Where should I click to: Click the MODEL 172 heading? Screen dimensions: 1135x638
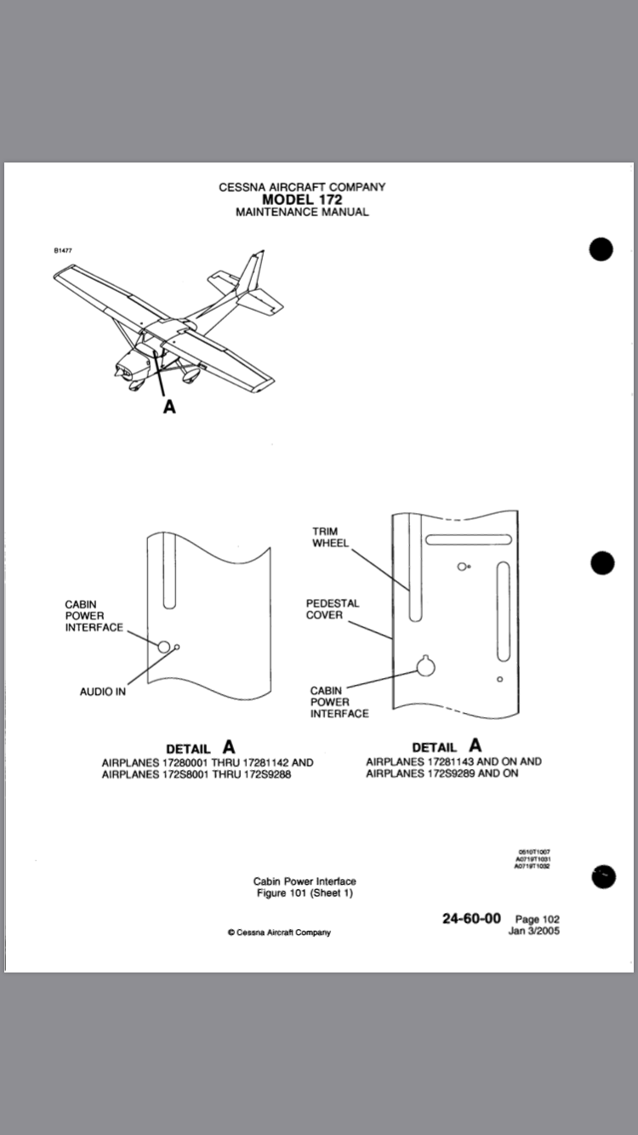302,200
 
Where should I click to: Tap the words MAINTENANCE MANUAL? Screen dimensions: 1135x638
302,212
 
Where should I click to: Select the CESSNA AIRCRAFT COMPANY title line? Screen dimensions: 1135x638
302,187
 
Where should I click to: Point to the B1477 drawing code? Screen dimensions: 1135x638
63,251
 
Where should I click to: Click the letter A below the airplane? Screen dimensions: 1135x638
169,407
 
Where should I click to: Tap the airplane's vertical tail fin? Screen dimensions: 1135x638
249,272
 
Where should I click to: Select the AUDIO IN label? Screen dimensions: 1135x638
103,692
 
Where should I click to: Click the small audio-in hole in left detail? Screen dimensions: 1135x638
178,647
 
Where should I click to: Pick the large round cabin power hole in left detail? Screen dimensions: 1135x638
164,647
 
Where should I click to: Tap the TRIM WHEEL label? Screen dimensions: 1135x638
331,538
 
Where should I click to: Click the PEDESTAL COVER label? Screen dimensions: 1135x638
333,609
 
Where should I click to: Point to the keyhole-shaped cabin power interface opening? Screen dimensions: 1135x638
424,666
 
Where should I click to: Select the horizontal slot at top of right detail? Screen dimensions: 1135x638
468,539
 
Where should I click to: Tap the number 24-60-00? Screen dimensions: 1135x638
471,918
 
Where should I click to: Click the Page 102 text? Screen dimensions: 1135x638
538,920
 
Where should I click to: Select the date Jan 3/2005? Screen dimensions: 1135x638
533,931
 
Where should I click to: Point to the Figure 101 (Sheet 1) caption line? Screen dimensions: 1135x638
305,893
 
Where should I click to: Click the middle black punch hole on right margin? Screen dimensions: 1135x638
601,563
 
